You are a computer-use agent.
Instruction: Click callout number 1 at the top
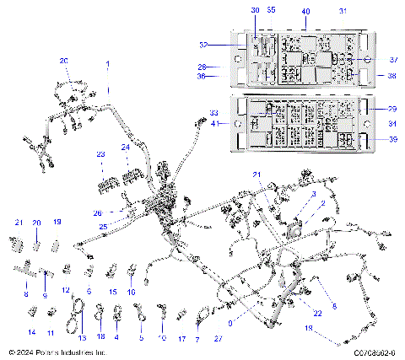click(x=107, y=64)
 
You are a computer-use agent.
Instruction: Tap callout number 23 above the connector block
click(x=100, y=154)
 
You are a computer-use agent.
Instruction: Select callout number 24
click(x=125, y=147)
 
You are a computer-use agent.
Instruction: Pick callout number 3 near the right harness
click(x=313, y=194)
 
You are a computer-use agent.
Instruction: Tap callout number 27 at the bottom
click(x=218, y=338)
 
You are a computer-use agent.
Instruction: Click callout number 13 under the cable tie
click(x=82, y=337)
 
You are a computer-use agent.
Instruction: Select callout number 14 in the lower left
click(x=32, y=333)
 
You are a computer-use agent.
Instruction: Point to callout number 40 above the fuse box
click(x=305, y=11)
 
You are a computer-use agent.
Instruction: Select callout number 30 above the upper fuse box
click(x=256, y=10)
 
